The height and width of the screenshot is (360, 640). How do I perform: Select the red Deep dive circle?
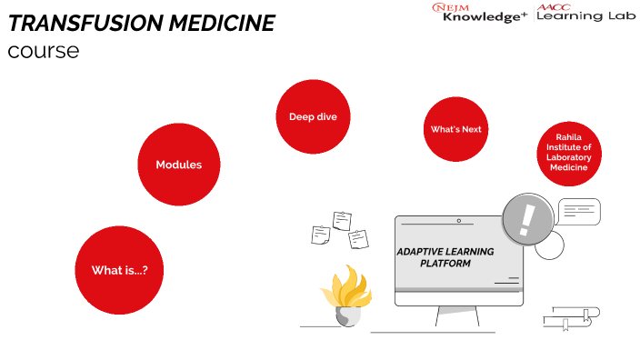coord(313,116)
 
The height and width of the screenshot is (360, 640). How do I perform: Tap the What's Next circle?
coord(456,129)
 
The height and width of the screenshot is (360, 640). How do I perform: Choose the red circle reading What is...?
coord(119,270)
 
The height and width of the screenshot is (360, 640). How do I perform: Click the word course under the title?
coord(43,51)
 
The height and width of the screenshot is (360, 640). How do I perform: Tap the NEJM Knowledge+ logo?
coord(479,13)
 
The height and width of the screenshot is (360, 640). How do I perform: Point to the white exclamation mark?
coord(526,217)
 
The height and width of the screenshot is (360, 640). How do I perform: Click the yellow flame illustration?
coord(346,287)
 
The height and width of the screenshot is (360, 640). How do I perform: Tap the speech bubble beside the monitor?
coord(579,212)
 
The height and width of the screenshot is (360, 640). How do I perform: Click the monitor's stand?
coord(457,316)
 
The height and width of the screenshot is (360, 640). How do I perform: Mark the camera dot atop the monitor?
coord(459,220)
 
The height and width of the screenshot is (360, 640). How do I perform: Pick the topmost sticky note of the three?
coord(342,220)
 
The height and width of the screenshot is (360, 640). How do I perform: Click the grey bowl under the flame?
coord(348,316)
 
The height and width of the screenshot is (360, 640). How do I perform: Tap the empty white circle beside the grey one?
coord(549,245)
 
